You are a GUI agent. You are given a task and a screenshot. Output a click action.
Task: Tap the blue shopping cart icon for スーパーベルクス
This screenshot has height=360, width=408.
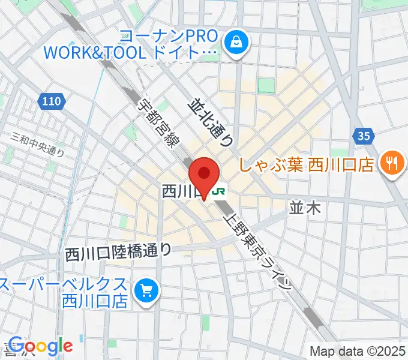pos(146,292)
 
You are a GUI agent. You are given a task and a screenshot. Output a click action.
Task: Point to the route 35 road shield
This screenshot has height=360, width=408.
pos(363,136)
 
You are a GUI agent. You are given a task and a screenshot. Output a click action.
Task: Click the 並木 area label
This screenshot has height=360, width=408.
pos(305,208)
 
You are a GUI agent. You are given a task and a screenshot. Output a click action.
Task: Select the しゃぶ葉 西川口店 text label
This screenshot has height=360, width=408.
pos(307,164)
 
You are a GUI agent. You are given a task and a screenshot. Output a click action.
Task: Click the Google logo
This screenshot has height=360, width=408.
pos(41,345)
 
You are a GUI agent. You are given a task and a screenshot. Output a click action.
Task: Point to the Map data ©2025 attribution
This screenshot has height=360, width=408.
pos(357,351)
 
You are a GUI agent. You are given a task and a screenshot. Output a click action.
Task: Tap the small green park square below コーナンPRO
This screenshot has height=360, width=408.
pos(266,86)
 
